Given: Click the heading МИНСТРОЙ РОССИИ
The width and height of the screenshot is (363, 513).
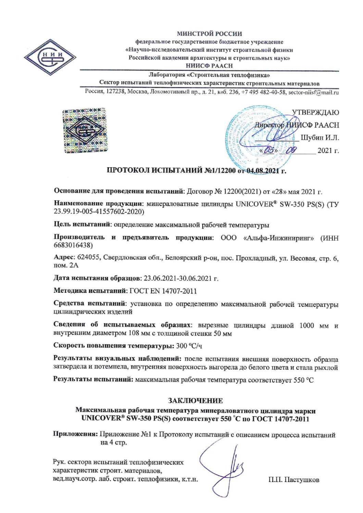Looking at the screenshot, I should pyautogui.click(x=209, y=34).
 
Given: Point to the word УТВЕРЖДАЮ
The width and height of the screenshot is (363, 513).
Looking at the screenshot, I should pyautogui.click(x=315, y=113).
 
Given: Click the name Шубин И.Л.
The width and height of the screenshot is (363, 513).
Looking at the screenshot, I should pyautogui.click(x=320, y=138).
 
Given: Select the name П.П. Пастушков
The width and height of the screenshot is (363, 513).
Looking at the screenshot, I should pyautogui.click(x=294, y=480).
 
